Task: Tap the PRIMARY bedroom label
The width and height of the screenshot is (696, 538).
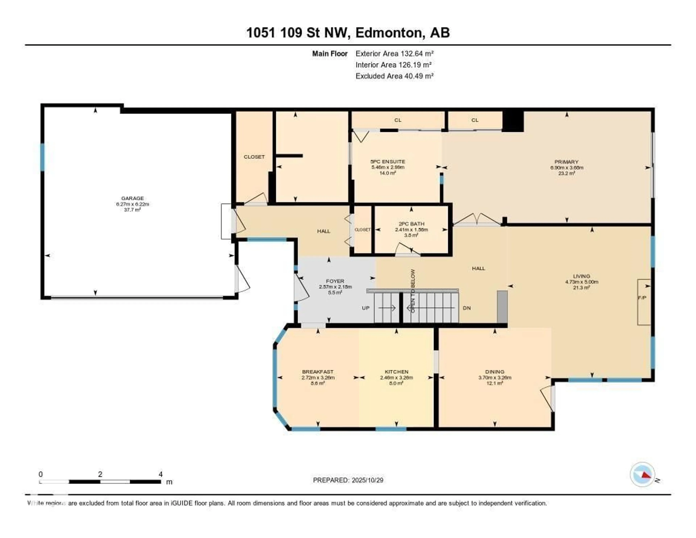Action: coord(566,162)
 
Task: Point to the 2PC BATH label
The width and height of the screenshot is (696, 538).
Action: coord(411,224)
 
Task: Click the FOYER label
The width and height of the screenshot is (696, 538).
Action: coord(335,281)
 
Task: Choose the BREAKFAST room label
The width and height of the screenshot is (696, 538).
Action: coord(318,371)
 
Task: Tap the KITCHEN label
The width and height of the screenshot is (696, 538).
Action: coord(396,371)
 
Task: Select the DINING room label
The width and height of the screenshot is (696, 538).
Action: coord(495,371)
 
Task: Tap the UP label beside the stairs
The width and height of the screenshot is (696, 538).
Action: coord(366,308)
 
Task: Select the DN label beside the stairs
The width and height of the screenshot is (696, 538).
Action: coord(467,308)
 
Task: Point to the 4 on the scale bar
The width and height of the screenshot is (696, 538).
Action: coord(161,474)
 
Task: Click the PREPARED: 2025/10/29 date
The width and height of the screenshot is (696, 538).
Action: coord(348,480)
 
